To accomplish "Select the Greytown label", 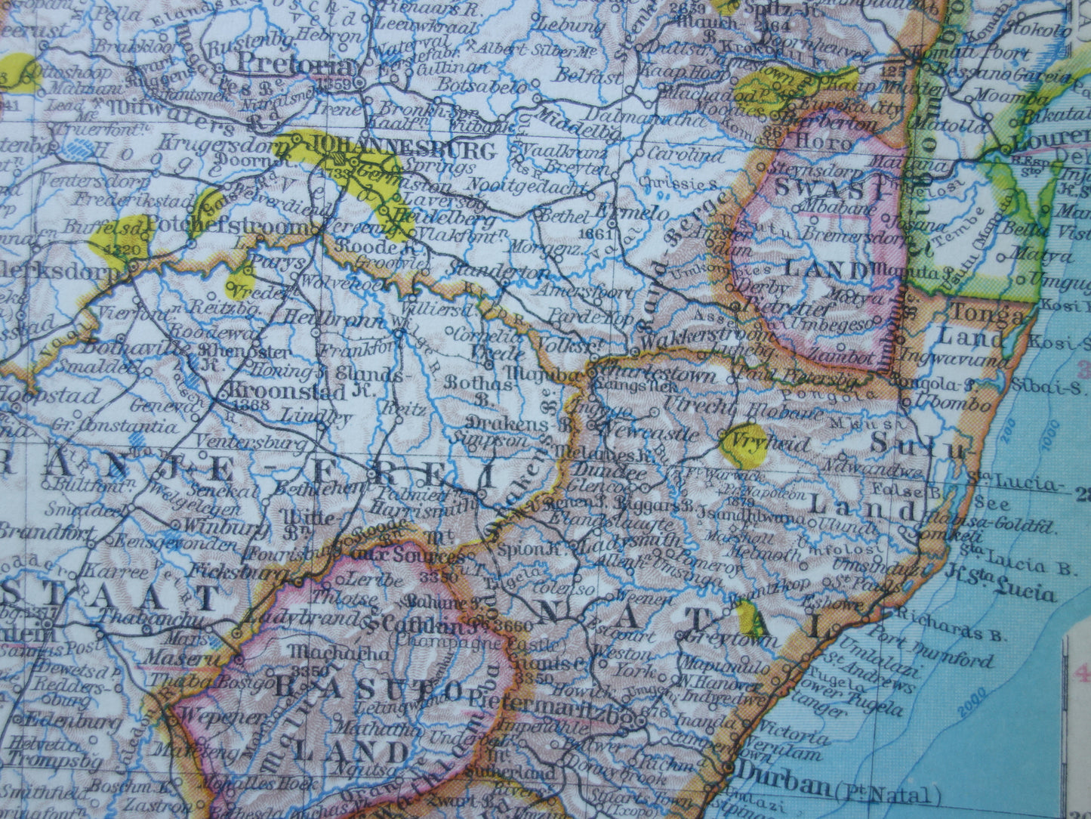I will point(728,639).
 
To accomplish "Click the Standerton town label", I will point(498,272).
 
